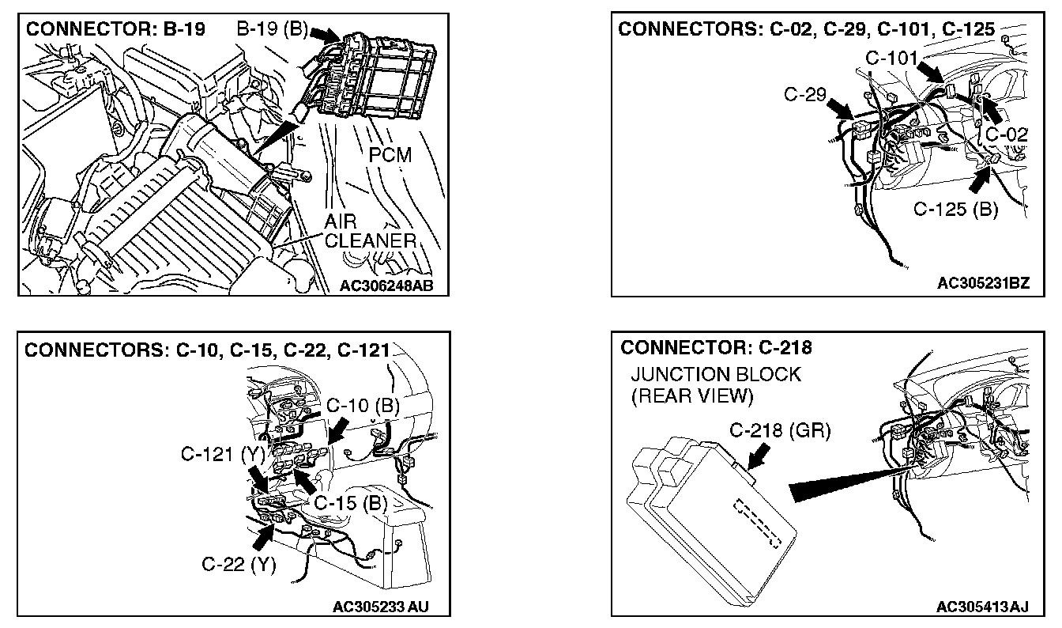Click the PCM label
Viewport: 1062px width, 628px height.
pyautogui.click(x=390, y=154)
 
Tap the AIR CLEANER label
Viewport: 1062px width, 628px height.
pyautogui.click(x=369, y=232)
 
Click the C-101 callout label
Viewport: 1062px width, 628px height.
pyautogui.click(x=892, y=58)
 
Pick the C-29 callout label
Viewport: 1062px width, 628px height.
pyautogui.click(x=804, y=95)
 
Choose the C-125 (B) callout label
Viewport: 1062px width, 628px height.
pyautogui.click(x=956, y=210)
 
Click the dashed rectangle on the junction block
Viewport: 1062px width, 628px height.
pyautogui.click(x=757, y=523)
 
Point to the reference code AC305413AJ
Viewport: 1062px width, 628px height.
pyautogui.click(x=982, y=607)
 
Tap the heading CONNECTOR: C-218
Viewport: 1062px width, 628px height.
pyautogui.click(x=717, y=347)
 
